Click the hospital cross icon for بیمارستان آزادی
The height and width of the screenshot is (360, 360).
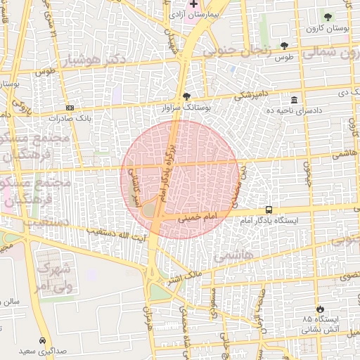(x=194, y=4)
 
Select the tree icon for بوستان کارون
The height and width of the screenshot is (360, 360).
(x=328, y=16)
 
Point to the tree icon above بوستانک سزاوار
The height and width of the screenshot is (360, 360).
(x=186, y=97)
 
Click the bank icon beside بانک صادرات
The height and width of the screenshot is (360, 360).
(x=70, y=108)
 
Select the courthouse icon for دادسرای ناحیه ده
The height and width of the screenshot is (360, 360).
(x=294, y=100)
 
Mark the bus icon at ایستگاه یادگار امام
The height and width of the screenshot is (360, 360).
(x=269, y=210)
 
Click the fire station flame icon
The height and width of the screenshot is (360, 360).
(x=321, y=309)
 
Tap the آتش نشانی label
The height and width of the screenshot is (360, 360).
(x=320, y=328)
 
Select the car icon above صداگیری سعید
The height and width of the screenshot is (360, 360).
(x=43, y=338)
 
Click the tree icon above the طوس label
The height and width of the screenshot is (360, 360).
(x=284, y=44)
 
